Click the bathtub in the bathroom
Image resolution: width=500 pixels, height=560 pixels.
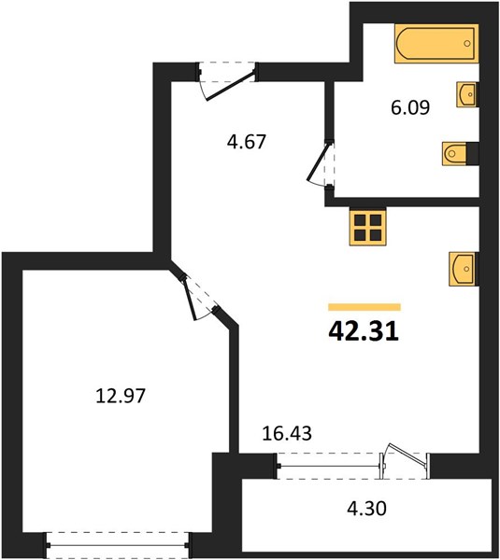click(x=436, y=44)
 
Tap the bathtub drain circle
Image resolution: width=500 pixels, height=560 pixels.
click(x=467, y=44)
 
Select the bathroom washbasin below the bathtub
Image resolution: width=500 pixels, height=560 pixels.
click(x=467, y=94)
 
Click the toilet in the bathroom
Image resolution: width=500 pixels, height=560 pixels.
click(x=454, y=154)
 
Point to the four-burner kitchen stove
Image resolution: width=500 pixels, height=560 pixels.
click(x=367, y=228)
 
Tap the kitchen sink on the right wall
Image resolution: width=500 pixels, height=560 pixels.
click(x=464, y=269)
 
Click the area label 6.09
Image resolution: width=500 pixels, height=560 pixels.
click(x=410, y=107)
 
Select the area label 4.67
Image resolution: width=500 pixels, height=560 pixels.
click(x=247, y=142)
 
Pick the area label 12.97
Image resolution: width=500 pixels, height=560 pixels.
click(x=121, y=396)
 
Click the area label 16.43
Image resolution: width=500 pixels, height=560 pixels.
click(x=287, y=433)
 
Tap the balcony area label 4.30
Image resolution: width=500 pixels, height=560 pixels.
click(x=367, y=509)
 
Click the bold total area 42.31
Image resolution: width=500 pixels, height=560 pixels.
click(x=364, y=331)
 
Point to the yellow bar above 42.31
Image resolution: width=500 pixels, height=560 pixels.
click(x=364, y=307)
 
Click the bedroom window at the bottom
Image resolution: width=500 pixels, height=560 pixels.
click(x=118, y=545)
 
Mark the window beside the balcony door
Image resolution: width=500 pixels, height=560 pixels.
click(x=329, y=466)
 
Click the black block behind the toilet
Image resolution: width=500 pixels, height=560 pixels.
click(x=473, y=154)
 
